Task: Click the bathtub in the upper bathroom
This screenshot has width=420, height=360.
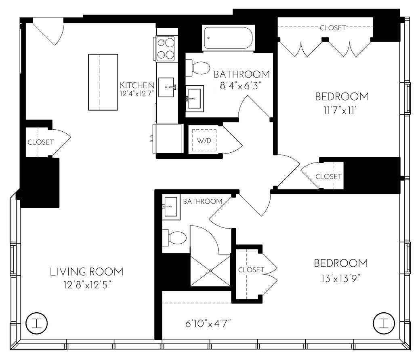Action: [228, 38]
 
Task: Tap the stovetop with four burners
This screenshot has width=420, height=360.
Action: [166, 48]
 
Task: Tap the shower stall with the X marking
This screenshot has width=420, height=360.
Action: [210, 270]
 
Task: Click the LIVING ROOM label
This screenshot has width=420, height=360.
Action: [86, 272]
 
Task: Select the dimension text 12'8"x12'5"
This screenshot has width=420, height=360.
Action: [86, 285]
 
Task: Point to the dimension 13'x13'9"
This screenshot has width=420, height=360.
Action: [341, 278]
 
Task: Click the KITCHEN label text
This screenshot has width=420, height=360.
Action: [137, 85]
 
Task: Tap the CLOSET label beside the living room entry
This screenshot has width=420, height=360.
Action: [40, 142]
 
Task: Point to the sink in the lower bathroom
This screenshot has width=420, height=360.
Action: [171, 206]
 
